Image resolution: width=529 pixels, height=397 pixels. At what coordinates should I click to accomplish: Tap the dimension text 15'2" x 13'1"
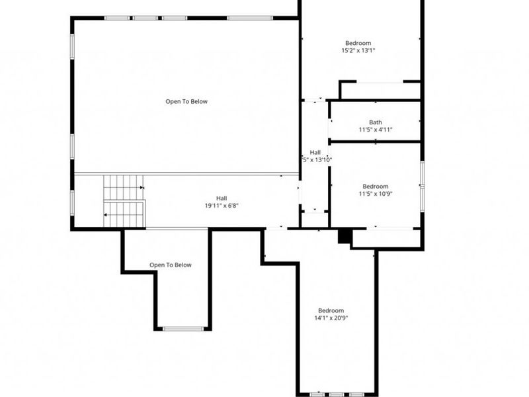[359, 50]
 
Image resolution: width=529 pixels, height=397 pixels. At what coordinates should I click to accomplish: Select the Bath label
[375, 122]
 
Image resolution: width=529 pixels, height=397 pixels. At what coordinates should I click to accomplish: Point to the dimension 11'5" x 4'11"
[375, 130]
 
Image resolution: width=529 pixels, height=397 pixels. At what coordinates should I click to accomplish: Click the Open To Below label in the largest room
[186, 101]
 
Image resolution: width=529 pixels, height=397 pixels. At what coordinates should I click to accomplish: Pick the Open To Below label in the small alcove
[170, 265]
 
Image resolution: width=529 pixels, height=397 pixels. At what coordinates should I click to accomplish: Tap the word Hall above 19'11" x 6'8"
[221, 198]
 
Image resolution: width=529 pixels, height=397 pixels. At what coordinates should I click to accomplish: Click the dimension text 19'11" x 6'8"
[221, 206]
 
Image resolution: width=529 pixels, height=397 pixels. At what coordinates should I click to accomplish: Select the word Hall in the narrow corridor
[315, 152]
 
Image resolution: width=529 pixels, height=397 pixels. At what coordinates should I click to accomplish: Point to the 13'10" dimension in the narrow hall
[317, 159]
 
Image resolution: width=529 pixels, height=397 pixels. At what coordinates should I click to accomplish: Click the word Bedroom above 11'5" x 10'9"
[375, 187]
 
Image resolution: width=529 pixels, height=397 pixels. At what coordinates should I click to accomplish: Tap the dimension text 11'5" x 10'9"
[375, 195]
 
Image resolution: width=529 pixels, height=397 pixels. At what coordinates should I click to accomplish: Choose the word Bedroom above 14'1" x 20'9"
[331, 310]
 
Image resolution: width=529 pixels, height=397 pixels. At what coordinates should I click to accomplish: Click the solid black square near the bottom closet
[344, 236]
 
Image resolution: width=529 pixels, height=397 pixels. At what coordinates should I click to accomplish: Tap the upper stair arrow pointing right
[142, 187]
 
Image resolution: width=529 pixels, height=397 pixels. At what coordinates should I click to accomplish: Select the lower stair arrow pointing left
[106, 215]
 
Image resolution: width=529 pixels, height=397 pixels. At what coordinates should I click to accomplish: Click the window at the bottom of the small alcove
[183, 328]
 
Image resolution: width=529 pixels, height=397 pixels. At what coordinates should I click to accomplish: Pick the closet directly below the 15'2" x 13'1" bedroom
[380, 91]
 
